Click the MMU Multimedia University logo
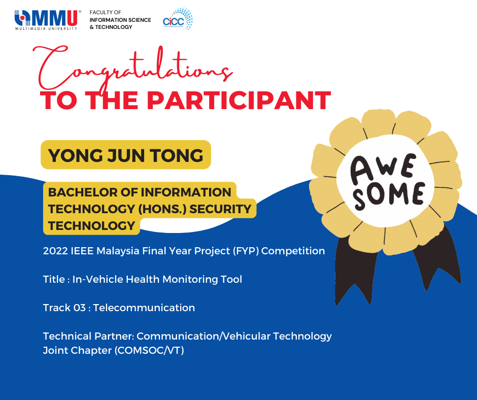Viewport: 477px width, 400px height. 48,20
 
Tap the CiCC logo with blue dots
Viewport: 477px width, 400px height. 178,19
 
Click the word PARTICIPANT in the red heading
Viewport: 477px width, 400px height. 239,100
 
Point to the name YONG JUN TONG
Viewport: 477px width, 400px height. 126,155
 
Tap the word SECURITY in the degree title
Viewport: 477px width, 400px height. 221,209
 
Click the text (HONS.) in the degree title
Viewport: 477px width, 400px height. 162,209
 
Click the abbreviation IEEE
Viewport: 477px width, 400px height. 82,251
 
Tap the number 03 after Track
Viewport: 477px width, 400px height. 79,308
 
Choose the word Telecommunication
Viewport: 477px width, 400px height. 144,308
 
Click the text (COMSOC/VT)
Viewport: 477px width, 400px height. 149,350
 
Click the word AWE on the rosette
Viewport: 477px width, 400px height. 383,169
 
